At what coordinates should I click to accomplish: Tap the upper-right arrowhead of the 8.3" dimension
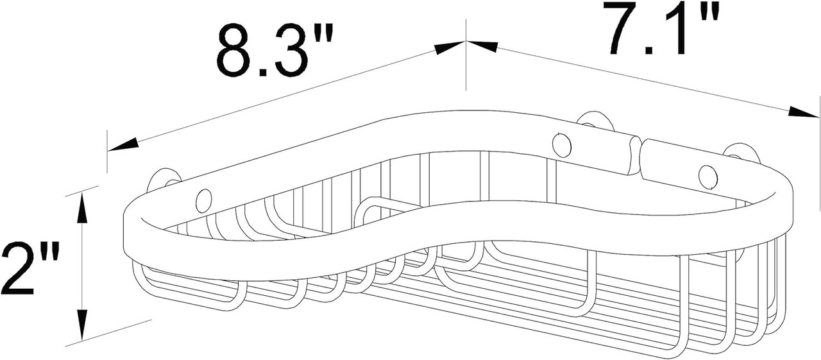(448, 47)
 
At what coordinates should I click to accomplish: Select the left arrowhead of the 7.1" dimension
(483, 46)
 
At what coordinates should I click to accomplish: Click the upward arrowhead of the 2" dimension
(82, 209)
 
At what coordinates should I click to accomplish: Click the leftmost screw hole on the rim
(204, 201)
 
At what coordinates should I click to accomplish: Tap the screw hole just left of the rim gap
(562, 144)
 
